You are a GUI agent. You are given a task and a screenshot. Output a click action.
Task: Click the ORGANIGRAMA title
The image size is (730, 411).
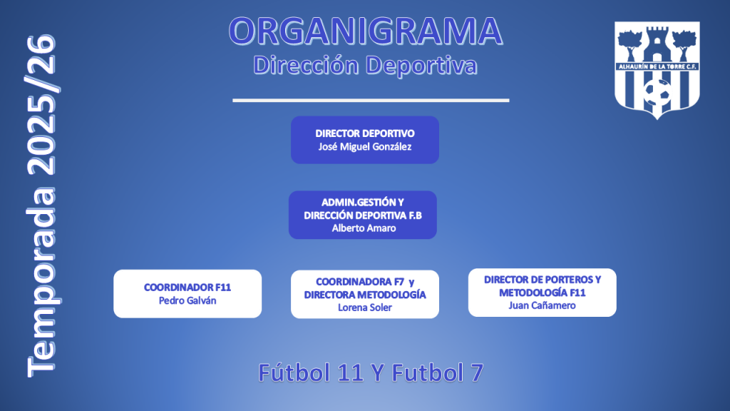[366, 31]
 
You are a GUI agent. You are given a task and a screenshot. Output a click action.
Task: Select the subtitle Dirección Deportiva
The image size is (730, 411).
[365, 65]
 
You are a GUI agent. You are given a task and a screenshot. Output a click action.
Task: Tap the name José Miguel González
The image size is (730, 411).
[365, 147]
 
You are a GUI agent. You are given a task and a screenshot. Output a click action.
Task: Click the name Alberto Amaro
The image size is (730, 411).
[364, 228]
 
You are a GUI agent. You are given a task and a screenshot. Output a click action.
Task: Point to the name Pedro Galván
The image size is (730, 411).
[187, 300]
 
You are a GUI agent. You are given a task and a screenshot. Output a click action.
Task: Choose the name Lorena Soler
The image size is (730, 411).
[365, 308]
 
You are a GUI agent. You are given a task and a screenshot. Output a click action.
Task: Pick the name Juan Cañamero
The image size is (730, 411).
[542, 305]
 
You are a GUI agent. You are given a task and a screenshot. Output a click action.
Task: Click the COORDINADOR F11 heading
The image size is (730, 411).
[187, 288]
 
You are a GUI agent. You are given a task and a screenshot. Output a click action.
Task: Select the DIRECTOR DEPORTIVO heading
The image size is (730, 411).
[365, 133]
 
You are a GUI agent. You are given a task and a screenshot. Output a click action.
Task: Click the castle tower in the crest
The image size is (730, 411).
[657, 44]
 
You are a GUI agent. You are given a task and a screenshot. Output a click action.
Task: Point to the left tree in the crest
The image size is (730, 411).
[630, 45]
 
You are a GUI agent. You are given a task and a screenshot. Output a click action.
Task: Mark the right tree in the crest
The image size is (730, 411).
[684, 45]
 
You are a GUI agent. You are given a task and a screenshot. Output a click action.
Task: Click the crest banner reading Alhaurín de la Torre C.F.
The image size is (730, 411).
[657, 66]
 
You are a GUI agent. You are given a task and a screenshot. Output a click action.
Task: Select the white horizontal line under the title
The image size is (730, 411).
[371, 100]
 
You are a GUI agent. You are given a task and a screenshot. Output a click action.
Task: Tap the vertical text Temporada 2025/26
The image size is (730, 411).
[41, 205]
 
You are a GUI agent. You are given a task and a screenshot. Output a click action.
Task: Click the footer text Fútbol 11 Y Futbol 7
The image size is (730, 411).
[371, 372]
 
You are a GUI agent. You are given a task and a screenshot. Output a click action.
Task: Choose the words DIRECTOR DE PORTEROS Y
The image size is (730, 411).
[543, 280]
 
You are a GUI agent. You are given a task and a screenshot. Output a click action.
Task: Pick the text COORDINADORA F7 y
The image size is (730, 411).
[365, 282]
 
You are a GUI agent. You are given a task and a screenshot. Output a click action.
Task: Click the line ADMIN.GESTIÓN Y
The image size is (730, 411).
[363, 203]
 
